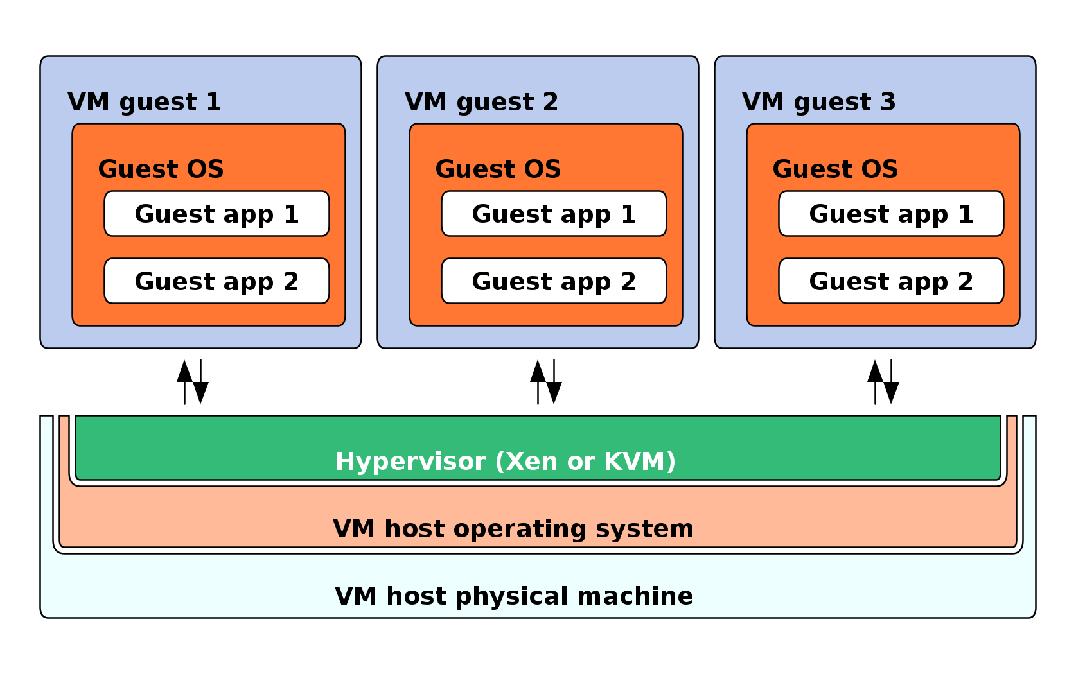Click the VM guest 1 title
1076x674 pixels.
click(x=144, y=102)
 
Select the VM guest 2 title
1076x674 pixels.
click(x=481, y=102)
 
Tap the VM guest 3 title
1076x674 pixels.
click(x=818, y=102)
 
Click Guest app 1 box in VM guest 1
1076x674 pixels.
click(x=216, y=214)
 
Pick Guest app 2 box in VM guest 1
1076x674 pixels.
click(x=216, y=281)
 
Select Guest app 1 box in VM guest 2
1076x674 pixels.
click(x=554, y=214)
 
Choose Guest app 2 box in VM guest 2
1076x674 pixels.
click(x=554, y=281)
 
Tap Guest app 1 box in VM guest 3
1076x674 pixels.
click(x=891, y=214)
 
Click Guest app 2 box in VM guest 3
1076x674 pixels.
click(x=891, y=281)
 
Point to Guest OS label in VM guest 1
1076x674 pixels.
click(x=161, y=169)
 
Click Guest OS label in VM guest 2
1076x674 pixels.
click(x=498, y=169)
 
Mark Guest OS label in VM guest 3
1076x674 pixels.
click(x=835, y=169)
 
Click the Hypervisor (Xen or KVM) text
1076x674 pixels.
click(x=506, y=462)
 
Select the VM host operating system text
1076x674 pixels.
click(x=513, y=529)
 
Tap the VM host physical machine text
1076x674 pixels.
click(x=514, y=596)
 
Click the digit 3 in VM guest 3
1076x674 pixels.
click(x=888, y=102)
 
